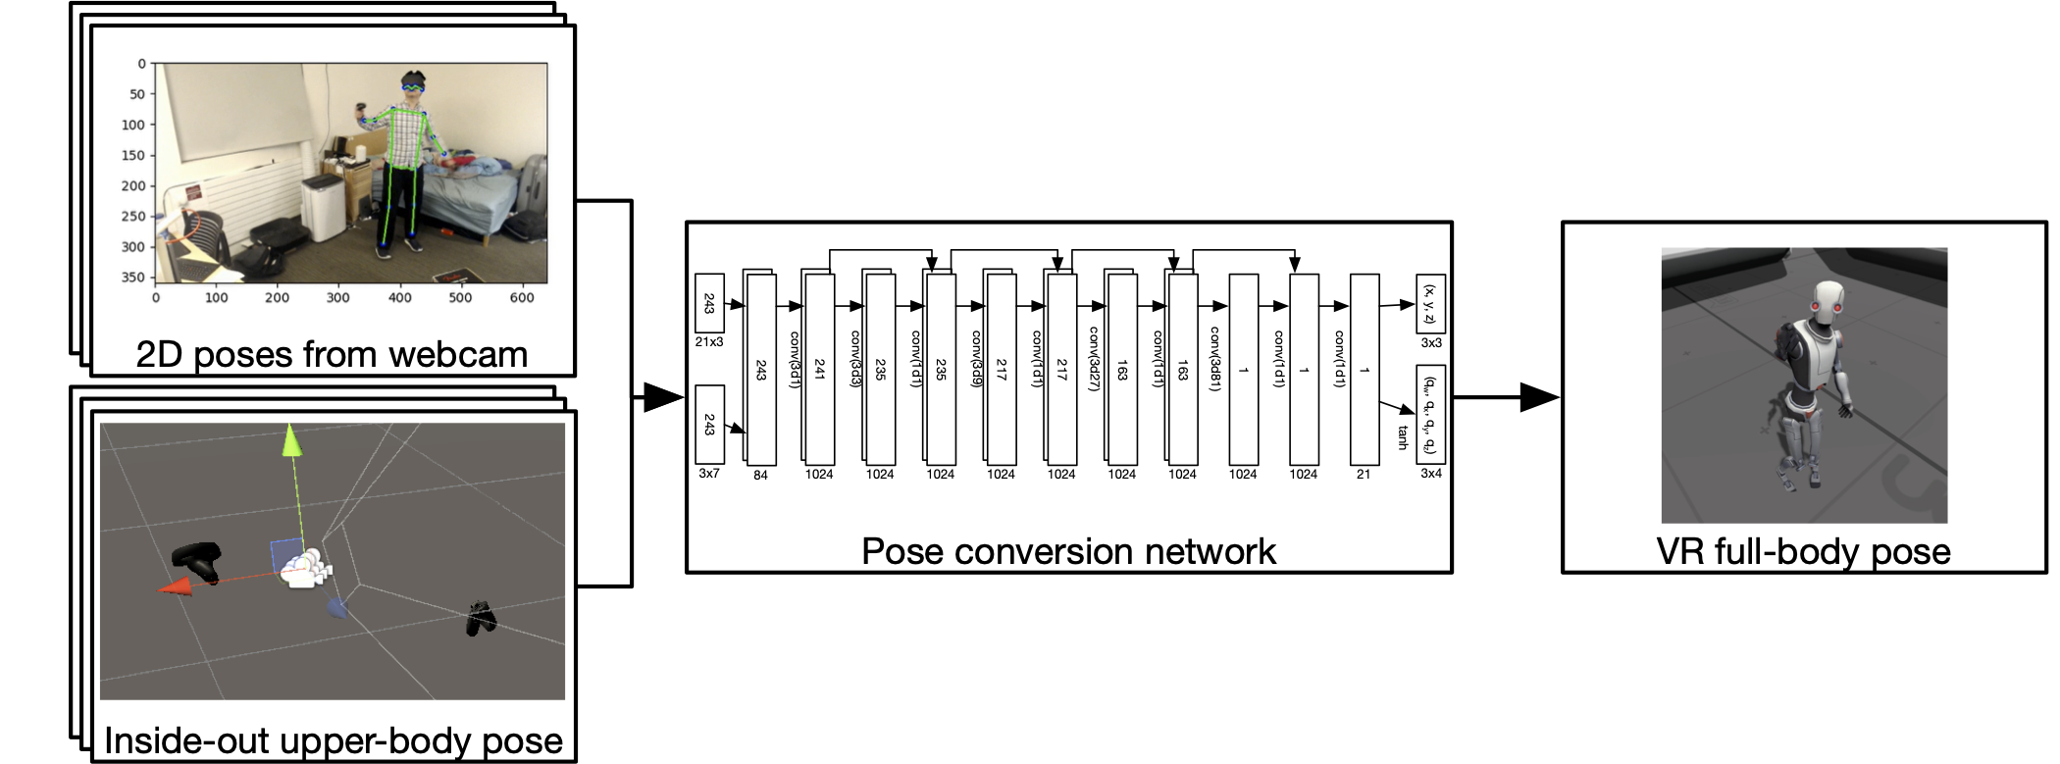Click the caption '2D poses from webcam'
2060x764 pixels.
coord(332,354)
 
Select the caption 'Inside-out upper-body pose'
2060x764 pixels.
coord(334,740)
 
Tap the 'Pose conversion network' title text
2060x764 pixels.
coord(1068,551)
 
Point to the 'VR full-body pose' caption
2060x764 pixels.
coord(1803,551)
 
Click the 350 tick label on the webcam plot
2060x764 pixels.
coord(132,278)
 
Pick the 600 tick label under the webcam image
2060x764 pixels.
coord(522,297)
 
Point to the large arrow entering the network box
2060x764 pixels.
coord(661,397)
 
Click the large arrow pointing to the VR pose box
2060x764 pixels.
coord(1537,397)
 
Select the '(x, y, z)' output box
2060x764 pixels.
coord(1430,304)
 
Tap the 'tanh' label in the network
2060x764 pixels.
coord(1403,436)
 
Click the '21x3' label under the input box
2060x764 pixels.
coord(709,342)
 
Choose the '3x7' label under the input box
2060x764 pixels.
coord(709,473)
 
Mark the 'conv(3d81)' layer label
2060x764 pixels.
coord(1214,359)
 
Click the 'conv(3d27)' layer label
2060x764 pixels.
coord(1094,359)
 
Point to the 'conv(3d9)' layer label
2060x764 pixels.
coord(976,359)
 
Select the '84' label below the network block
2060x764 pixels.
coord(760,475)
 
